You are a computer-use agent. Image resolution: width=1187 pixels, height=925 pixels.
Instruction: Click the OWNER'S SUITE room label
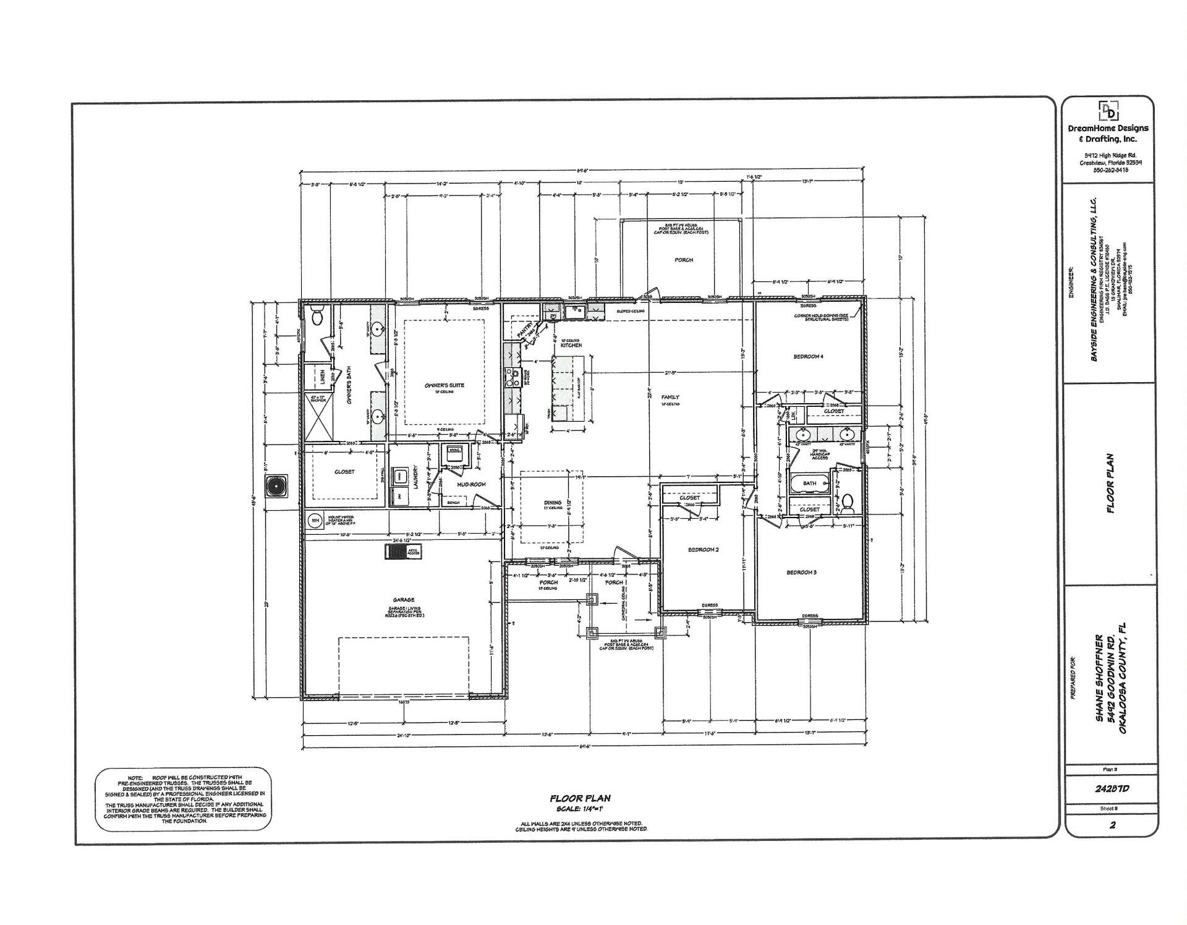tap(444, 385)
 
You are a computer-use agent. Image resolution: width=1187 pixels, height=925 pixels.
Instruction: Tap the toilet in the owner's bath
tap(317, 317)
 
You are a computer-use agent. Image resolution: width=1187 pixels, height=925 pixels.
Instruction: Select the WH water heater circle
tap(315, 521)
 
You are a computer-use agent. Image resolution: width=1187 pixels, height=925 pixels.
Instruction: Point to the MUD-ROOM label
tap(471, 484)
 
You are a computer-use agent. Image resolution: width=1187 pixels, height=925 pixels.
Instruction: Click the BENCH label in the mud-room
tap(453, 503)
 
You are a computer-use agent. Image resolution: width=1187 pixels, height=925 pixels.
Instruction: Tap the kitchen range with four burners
tap(512, 376)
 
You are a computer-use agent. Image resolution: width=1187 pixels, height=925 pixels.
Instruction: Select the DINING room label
tap(552, 503)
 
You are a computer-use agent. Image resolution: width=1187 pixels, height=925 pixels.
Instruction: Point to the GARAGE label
tap(403, 599)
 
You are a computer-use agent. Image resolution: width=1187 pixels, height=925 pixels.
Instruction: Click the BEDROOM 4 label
tap(808, 356)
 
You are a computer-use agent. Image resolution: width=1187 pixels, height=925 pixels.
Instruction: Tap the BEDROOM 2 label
tap(703, 550)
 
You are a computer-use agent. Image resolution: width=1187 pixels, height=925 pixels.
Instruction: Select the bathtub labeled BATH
tap(809, 484)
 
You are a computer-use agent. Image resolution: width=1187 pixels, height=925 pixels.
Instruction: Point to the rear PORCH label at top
tap(684, 260)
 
